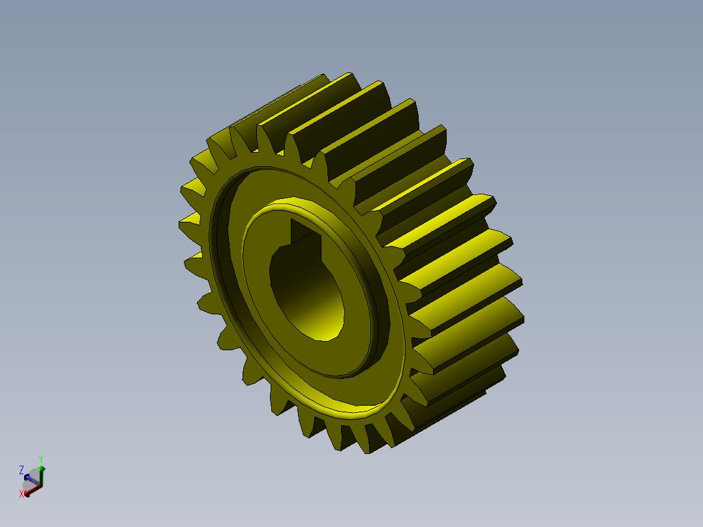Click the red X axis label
click(22, 494)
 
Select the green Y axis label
click(41, 458)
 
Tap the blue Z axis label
click(22, 470)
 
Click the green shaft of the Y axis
click(42, 478)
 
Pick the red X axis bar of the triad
click(33, 487)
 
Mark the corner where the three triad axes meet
click(41, 486)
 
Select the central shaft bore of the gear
click(307, 287)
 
